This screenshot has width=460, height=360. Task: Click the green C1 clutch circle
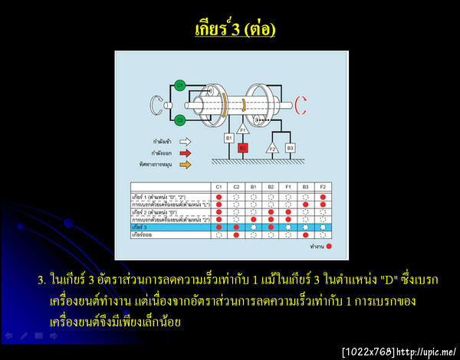pyautogui.click(x=179, y=85)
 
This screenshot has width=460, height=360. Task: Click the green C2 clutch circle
pyautogui.click(x=179, y=119)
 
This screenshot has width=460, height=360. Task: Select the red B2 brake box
pyautogui.click(x=243, y=147)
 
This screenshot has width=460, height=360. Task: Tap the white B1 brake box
pyautogui.click(x=228, y=138)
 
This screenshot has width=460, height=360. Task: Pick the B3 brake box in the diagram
pyautogui.click(x=290, y=147)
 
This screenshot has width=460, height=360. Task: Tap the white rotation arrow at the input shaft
pyautogui.click(x=157, y=103)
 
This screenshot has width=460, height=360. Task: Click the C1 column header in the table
pyautogui.click(x=219, y=186)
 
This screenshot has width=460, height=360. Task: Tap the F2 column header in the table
pyautogui.click(x=323, y=186)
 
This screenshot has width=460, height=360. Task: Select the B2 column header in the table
pyautogui.click(x=271, y=186)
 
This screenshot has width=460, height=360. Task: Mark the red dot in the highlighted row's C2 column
pyautogui.click(x=236, y=227)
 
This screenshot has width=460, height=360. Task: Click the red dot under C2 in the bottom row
pyautogui.click(x=236, y=235)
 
